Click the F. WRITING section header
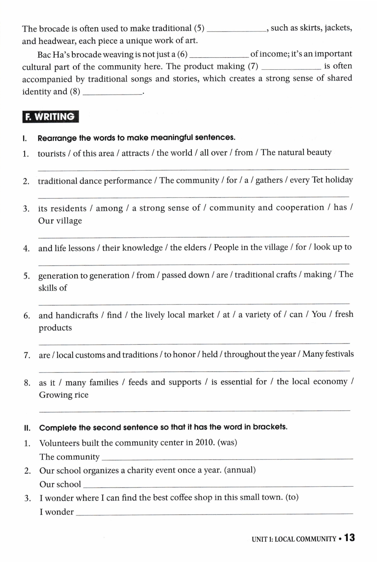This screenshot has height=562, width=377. (x=50, y=117)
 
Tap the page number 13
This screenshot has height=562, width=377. (x=349, y=538)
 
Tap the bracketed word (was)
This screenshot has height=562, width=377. (x=227, y=442)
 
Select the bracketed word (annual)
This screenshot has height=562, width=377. (x=240, y=470)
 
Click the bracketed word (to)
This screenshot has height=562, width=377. (x=292, y=497)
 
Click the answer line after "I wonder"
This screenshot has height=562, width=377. (x=214, y=513)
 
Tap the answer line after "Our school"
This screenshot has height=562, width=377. (x=218, y=485)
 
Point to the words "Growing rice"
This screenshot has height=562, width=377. (x=64, y=395)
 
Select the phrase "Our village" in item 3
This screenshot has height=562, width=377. (x=60, y=221)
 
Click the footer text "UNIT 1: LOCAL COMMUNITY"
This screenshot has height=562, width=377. (x=294, y=539)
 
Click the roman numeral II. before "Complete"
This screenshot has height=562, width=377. (x=27, y=428)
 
